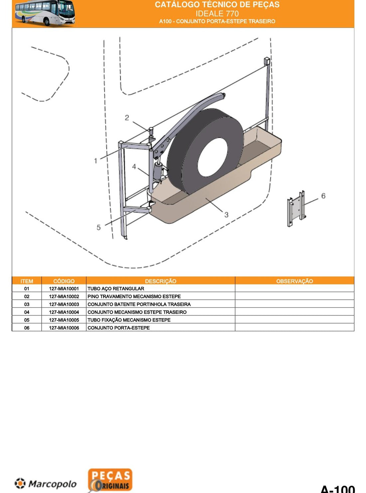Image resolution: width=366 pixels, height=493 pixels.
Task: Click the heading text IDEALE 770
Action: (217, 14)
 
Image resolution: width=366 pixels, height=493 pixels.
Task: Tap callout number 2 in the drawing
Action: (127, 118)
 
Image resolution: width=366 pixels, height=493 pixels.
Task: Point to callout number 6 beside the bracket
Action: (323, 196)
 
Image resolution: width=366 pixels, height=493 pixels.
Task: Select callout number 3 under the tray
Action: (226, 215)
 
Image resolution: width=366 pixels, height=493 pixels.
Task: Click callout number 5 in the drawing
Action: (98, 227)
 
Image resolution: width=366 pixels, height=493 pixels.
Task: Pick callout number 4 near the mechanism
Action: (134, 167)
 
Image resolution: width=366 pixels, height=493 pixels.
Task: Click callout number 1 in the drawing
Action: (96, 161)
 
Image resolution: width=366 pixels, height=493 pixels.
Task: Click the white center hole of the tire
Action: (213, 157)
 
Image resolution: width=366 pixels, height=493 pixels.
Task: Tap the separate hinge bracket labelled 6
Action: (296, 208)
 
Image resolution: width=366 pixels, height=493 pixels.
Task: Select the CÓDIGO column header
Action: (64, 281)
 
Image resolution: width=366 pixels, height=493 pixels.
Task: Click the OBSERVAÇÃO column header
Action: (294, 281)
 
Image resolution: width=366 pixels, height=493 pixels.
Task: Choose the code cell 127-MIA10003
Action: (64, 304)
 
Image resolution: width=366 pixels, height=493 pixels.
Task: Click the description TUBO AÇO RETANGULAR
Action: (116, 289)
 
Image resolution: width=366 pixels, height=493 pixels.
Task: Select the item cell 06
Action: (27, 328)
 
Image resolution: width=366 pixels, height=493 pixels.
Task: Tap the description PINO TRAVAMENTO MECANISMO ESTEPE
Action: (134, 297)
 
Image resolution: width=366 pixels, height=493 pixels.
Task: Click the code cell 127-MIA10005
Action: (64, 320)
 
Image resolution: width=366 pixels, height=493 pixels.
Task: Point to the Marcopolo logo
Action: (46, 484)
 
